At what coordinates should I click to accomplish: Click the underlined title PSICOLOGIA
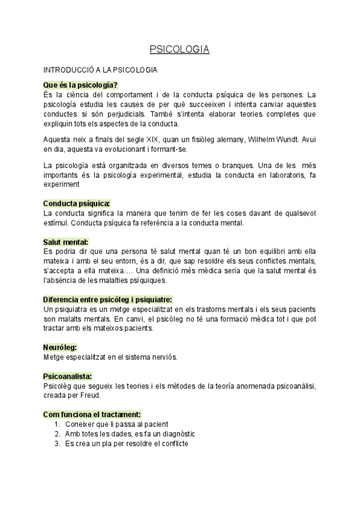[x=179, y=50]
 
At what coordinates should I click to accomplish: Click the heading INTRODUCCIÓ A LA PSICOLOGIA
[x=101, y=70]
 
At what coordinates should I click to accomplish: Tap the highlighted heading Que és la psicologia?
[x=80, y=85]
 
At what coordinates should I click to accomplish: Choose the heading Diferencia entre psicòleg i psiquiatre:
[x=108, y=299]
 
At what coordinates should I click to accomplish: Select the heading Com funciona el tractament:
[x=92, y=414]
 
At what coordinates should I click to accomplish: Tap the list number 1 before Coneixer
[x=56, y=424]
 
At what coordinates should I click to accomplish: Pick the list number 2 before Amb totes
[x=56, y=433]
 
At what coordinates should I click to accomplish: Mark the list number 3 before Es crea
[x=56, y=443]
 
